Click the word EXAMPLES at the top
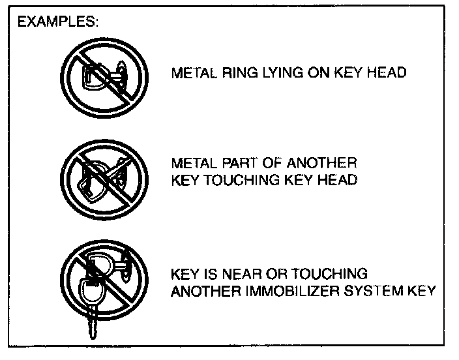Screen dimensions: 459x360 (57, 22)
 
